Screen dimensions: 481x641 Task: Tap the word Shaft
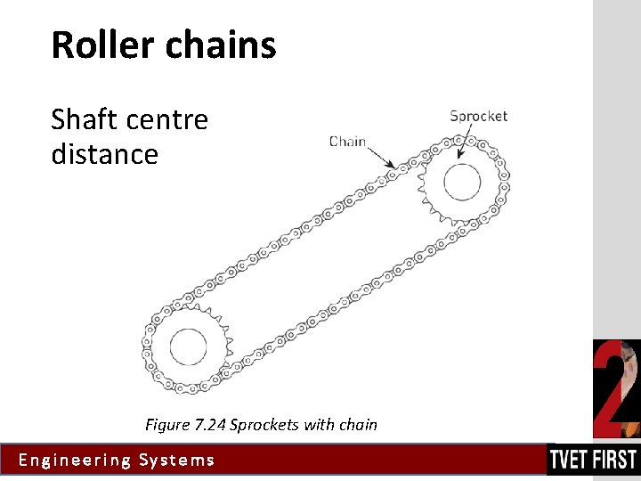click(x=85, y=118)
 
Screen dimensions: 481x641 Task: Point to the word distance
click(x=104, y=154)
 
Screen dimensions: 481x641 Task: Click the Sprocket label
click(x=478, y=116)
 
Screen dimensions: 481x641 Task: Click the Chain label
click(x=348, y=141)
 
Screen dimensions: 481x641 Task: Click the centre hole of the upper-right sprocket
click(x=461, y=183)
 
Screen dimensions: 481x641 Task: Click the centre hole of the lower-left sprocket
click(x=187, y=346)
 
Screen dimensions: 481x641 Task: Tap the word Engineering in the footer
click(x=75, y=461)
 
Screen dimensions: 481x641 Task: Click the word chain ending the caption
click(x=358, y=425)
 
